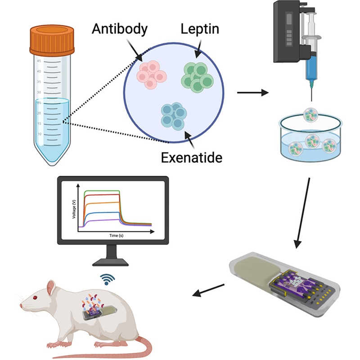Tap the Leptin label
click(200, 29)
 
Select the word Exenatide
click(188, 157)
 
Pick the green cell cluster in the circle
click(197, 77)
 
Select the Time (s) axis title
click(116, 235)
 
